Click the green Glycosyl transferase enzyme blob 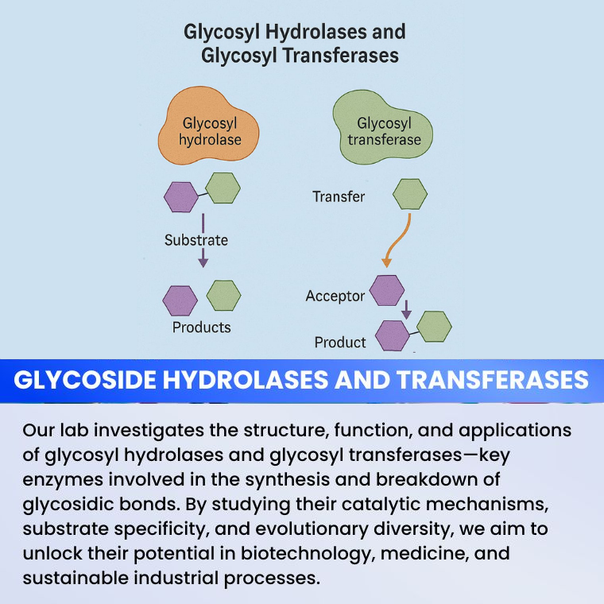383,130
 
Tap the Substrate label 196,239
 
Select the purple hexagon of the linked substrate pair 180,196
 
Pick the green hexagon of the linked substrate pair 223,188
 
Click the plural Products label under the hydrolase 201,327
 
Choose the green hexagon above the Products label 223,295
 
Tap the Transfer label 339,196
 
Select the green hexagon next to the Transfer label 410,194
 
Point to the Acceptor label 335,296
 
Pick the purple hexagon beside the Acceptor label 387,290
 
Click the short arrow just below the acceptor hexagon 406,308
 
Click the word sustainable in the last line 77,577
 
